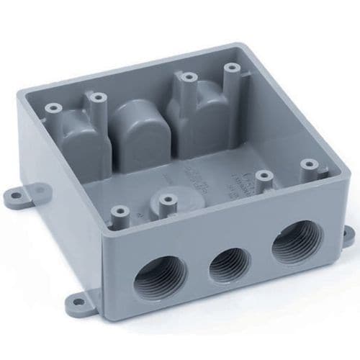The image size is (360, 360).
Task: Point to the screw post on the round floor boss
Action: coord(168,200)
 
